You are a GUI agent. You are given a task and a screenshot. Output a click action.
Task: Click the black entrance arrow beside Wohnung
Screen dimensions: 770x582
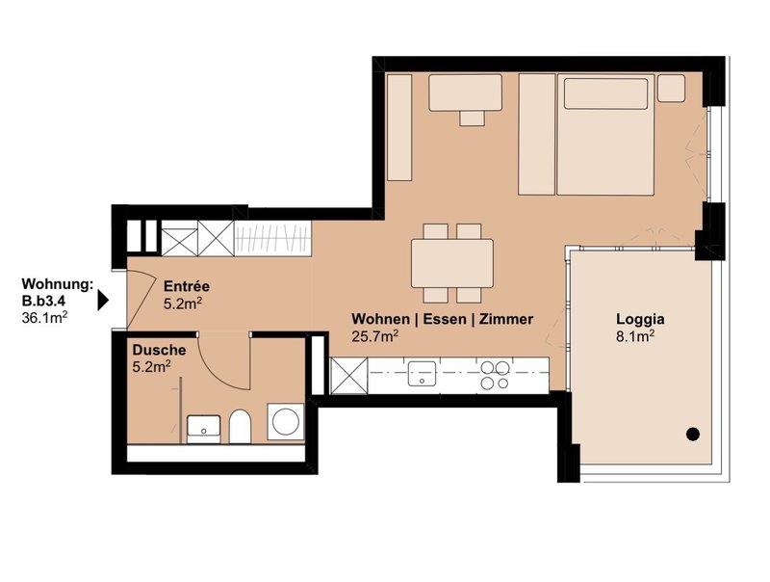[x=103, y=301]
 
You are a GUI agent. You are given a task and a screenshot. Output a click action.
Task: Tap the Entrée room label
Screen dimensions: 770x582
[x=187, y=286]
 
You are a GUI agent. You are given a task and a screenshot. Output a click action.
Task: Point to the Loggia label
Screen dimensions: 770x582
[x=640, y=320]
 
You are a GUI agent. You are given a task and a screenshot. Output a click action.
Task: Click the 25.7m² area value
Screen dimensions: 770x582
[x=374, y=336]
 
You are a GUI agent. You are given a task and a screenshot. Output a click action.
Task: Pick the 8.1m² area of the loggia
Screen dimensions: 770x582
[x=635, y=336]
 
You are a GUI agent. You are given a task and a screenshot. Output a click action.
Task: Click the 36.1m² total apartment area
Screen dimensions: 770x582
[x=44, y=318]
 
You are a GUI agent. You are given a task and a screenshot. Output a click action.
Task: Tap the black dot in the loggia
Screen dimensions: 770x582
[x=693, y=434]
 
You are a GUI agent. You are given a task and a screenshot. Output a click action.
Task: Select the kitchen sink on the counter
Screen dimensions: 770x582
[x=422, y=374]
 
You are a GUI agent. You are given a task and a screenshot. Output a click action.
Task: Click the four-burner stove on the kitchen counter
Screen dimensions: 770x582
[x=495, y=375]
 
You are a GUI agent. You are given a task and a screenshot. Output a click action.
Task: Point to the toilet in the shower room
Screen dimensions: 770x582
[x=240, y=426]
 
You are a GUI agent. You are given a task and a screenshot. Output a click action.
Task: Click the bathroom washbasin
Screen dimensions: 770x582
[x=204, y=428]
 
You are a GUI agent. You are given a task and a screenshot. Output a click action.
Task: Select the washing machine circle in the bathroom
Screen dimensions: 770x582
[x=285, y=422]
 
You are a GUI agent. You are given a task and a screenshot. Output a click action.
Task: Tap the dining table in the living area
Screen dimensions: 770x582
[x=452, y=263]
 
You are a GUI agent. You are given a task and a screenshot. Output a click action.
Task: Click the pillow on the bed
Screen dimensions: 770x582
[x=605, y=93]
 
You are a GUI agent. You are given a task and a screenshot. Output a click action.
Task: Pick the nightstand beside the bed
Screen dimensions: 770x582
[x=671, y=88]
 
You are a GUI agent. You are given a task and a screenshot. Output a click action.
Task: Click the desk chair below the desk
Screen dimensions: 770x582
[x=473, y=118]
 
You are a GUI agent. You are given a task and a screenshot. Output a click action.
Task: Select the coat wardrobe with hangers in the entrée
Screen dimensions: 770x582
[x=273, y=238]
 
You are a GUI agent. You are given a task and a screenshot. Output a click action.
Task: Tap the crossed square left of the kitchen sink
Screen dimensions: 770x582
[x=348, y=376]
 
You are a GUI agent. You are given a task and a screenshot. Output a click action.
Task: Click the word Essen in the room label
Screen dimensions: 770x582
[x=445, y=320]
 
